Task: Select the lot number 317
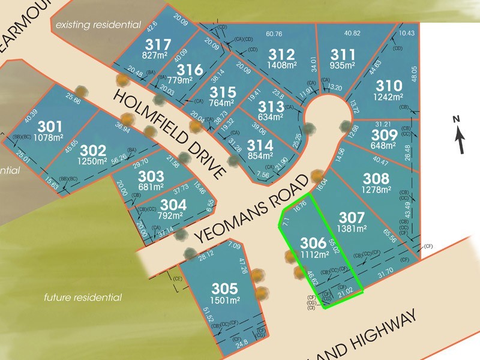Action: [158, 44]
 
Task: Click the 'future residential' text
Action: [83, 298]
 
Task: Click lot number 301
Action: [50, 127]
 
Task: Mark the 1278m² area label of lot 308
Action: [375, 190]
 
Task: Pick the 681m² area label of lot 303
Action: [151, 187]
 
